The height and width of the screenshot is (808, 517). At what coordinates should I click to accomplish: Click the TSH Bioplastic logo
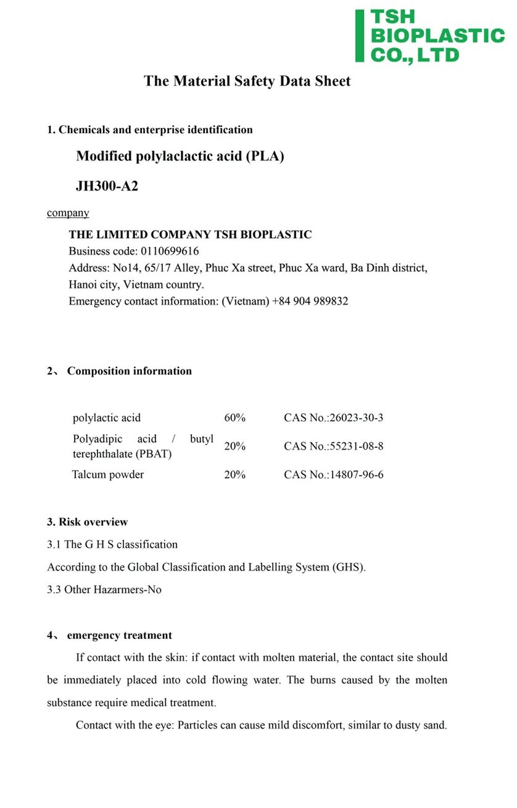coord(430,36)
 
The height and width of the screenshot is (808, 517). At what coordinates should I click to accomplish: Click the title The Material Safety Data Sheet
coord(247,81)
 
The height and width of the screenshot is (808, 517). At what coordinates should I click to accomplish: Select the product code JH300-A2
coord(107,185)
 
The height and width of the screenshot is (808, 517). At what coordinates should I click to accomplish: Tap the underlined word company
coord(68,213)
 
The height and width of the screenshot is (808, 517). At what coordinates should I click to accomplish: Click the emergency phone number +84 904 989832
coord(310,302)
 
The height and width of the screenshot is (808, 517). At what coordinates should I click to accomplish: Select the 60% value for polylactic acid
coord(234,418)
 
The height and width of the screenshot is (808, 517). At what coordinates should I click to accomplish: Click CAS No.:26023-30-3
coord(333,418)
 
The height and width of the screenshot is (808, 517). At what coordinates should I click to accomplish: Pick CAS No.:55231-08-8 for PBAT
coord(333,446)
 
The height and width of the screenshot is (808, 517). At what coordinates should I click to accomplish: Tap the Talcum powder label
coord(108,474)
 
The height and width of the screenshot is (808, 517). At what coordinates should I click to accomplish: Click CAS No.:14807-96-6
coord(333,474)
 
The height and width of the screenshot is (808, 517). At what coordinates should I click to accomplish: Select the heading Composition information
coord(129,371)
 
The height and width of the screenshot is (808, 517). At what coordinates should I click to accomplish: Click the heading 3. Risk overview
coord(87,522)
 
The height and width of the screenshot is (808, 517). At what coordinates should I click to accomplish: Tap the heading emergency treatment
coord(119,635)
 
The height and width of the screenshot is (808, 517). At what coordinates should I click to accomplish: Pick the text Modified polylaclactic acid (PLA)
coord(180,156)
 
